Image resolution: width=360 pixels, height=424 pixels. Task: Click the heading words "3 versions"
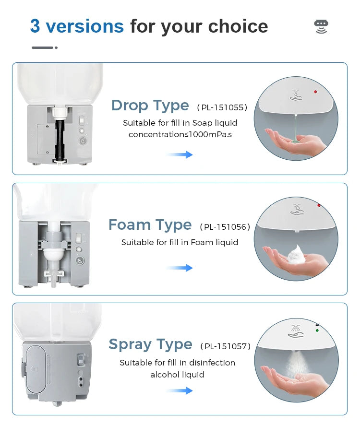pyautogui.click(x=77, y=26)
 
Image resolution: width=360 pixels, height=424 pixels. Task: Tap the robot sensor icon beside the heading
pyautogui.click(x=321, y=26)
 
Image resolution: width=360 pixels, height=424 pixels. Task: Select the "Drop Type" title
pyautogui.click(x=150, y=106)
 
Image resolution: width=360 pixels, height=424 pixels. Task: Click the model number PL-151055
pyautogui.click(x=222, y=107)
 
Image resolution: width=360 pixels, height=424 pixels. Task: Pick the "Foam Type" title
pyautogui.click(x=150, y=225)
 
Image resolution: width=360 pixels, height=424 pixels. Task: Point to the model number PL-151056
pyautogui.click(x=225, y=227)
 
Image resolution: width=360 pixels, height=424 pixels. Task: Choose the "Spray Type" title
pyautogui.click(x=150, y=344)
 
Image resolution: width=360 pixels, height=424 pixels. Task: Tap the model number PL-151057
pyautogui.click(x=225, y=346)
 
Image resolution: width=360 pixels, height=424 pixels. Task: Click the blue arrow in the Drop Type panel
pyautogui.click(x=180, y=154)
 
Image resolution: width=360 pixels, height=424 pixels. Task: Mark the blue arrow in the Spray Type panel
pyautogui.click(x=180, y=391)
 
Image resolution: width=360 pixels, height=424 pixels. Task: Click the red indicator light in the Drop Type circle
pyautogui.click(x=315, y=92)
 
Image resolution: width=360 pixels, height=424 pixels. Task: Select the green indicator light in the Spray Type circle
pyautogui.click(x=316, y=330)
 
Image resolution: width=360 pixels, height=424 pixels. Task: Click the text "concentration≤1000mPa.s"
pyautogui.click(x=180, y=135)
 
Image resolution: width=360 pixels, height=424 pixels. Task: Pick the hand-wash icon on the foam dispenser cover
pyautogui.click(x=296, y=210)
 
